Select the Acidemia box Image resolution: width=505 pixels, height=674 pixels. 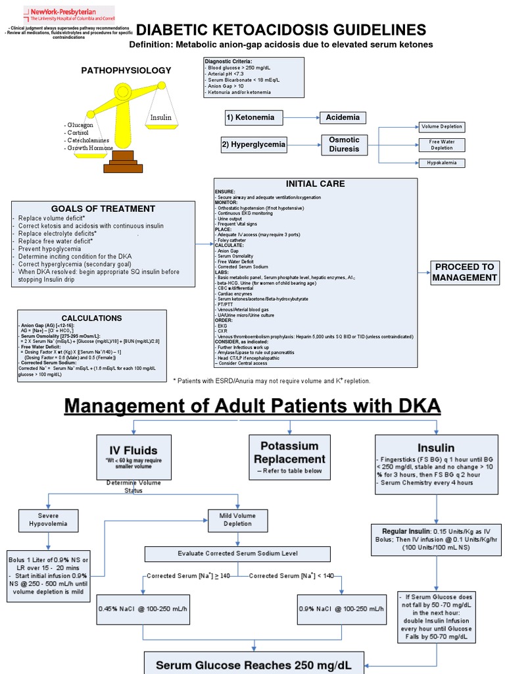click(343, 118)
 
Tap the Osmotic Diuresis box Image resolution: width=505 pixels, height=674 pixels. click(344, 144)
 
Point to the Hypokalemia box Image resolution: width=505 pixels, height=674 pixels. click(445, 163)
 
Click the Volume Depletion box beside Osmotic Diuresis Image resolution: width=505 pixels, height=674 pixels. click(442, 126)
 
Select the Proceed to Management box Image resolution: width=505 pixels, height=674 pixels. click(464, 272)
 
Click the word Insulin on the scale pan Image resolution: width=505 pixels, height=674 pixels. click(160, 118)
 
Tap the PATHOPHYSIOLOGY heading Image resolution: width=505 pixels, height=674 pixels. click(126, 70)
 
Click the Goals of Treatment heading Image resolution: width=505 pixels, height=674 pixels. click(103, 209)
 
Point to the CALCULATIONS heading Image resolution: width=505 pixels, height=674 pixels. click(91, 318)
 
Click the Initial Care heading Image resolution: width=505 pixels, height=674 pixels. click(315, 184)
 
